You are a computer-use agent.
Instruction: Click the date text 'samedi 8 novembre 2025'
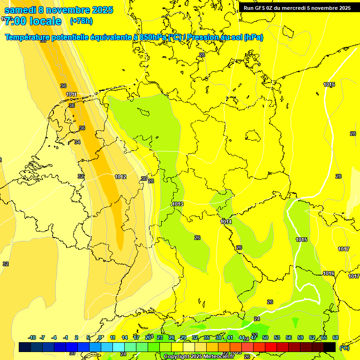tap(59, 10)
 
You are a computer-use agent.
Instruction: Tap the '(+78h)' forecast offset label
tap(81, 21)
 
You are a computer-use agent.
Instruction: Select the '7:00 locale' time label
tap(33, 21)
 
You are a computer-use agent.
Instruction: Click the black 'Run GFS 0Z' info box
tap(297, 7)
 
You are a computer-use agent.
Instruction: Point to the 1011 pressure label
tap(71, 94)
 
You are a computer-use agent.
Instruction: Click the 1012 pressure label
tap(120, 177)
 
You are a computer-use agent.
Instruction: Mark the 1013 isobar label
tap(178, 204)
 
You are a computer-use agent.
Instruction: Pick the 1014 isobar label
tap(226, 222)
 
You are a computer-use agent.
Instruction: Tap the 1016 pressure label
tap(329, 273)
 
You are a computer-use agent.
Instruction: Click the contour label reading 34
tap(77, 142)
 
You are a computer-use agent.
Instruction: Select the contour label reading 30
tap(144, 179)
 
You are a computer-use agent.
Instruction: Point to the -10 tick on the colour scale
tap(32, 337)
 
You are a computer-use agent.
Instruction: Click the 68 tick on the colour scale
tap(336, 337)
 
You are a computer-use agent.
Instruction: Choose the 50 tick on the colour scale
tap(265, 337)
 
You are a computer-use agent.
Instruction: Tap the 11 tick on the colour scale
tap(112, 337)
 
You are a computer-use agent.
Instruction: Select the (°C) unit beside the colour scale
tap(344, 347)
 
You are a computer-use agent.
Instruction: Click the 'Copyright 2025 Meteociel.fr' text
tap(199, 357)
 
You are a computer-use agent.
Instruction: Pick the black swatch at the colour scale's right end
tap(330, 347)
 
